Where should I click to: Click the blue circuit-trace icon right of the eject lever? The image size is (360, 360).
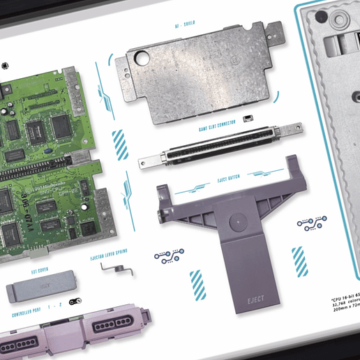(308, 225)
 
